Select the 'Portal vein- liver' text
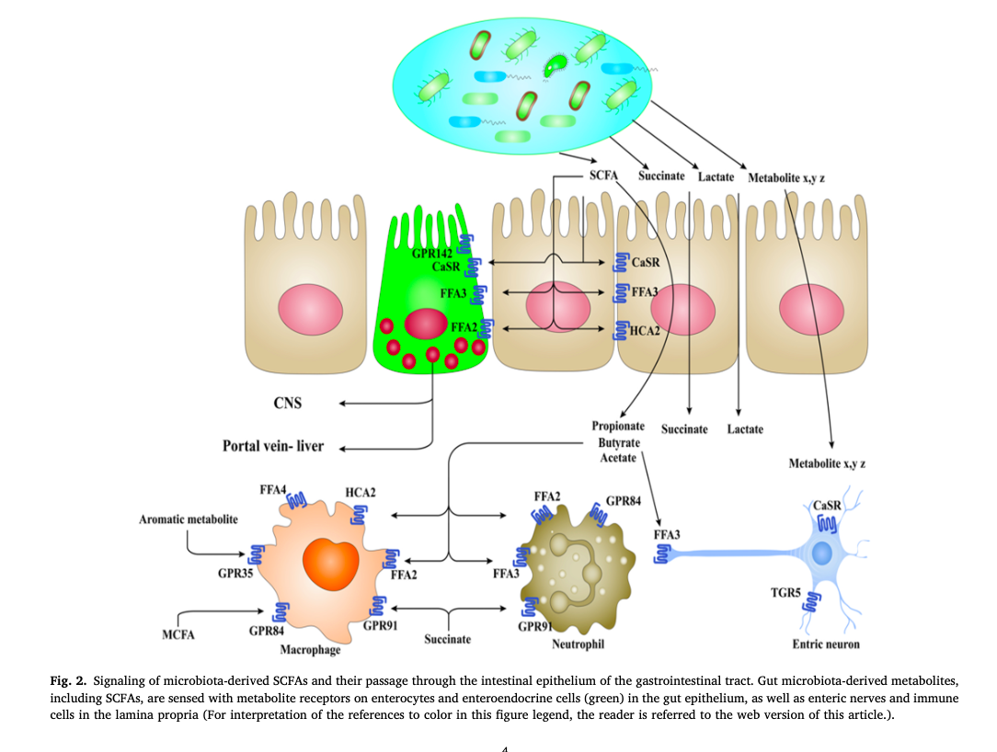pyautogui.click(x=272, y=446)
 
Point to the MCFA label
pyautogui.click(x=178, y=634)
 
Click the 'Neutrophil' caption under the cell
pyautogui.click(x=578, y=644)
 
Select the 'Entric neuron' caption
pyautogui.click(x=826, y=644)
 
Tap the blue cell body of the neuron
pyautogui.click(x=821, y=554)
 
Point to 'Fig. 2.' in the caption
pyautogui.click(x=69, y=681)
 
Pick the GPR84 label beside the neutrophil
pyautogui.click(x=623, y=502)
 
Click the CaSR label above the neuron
pyautogui.click(x=828, y=505)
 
